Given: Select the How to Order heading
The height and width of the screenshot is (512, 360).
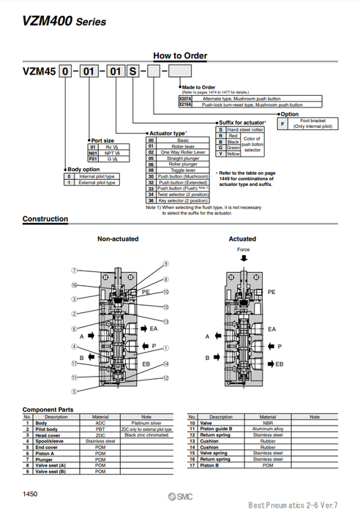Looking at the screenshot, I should coord(180,56).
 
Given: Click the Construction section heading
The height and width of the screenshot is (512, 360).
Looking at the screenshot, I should coord(45,219).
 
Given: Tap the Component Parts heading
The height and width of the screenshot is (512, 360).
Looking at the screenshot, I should coord(48,409).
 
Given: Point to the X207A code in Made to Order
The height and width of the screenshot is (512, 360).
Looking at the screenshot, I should coord(184,97).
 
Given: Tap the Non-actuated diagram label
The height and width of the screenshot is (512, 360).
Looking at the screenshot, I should coord(119,239).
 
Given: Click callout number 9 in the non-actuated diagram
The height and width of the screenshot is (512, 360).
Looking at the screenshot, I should coord(165,263).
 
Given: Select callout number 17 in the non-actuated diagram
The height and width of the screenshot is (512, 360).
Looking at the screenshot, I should coord(74,362).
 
